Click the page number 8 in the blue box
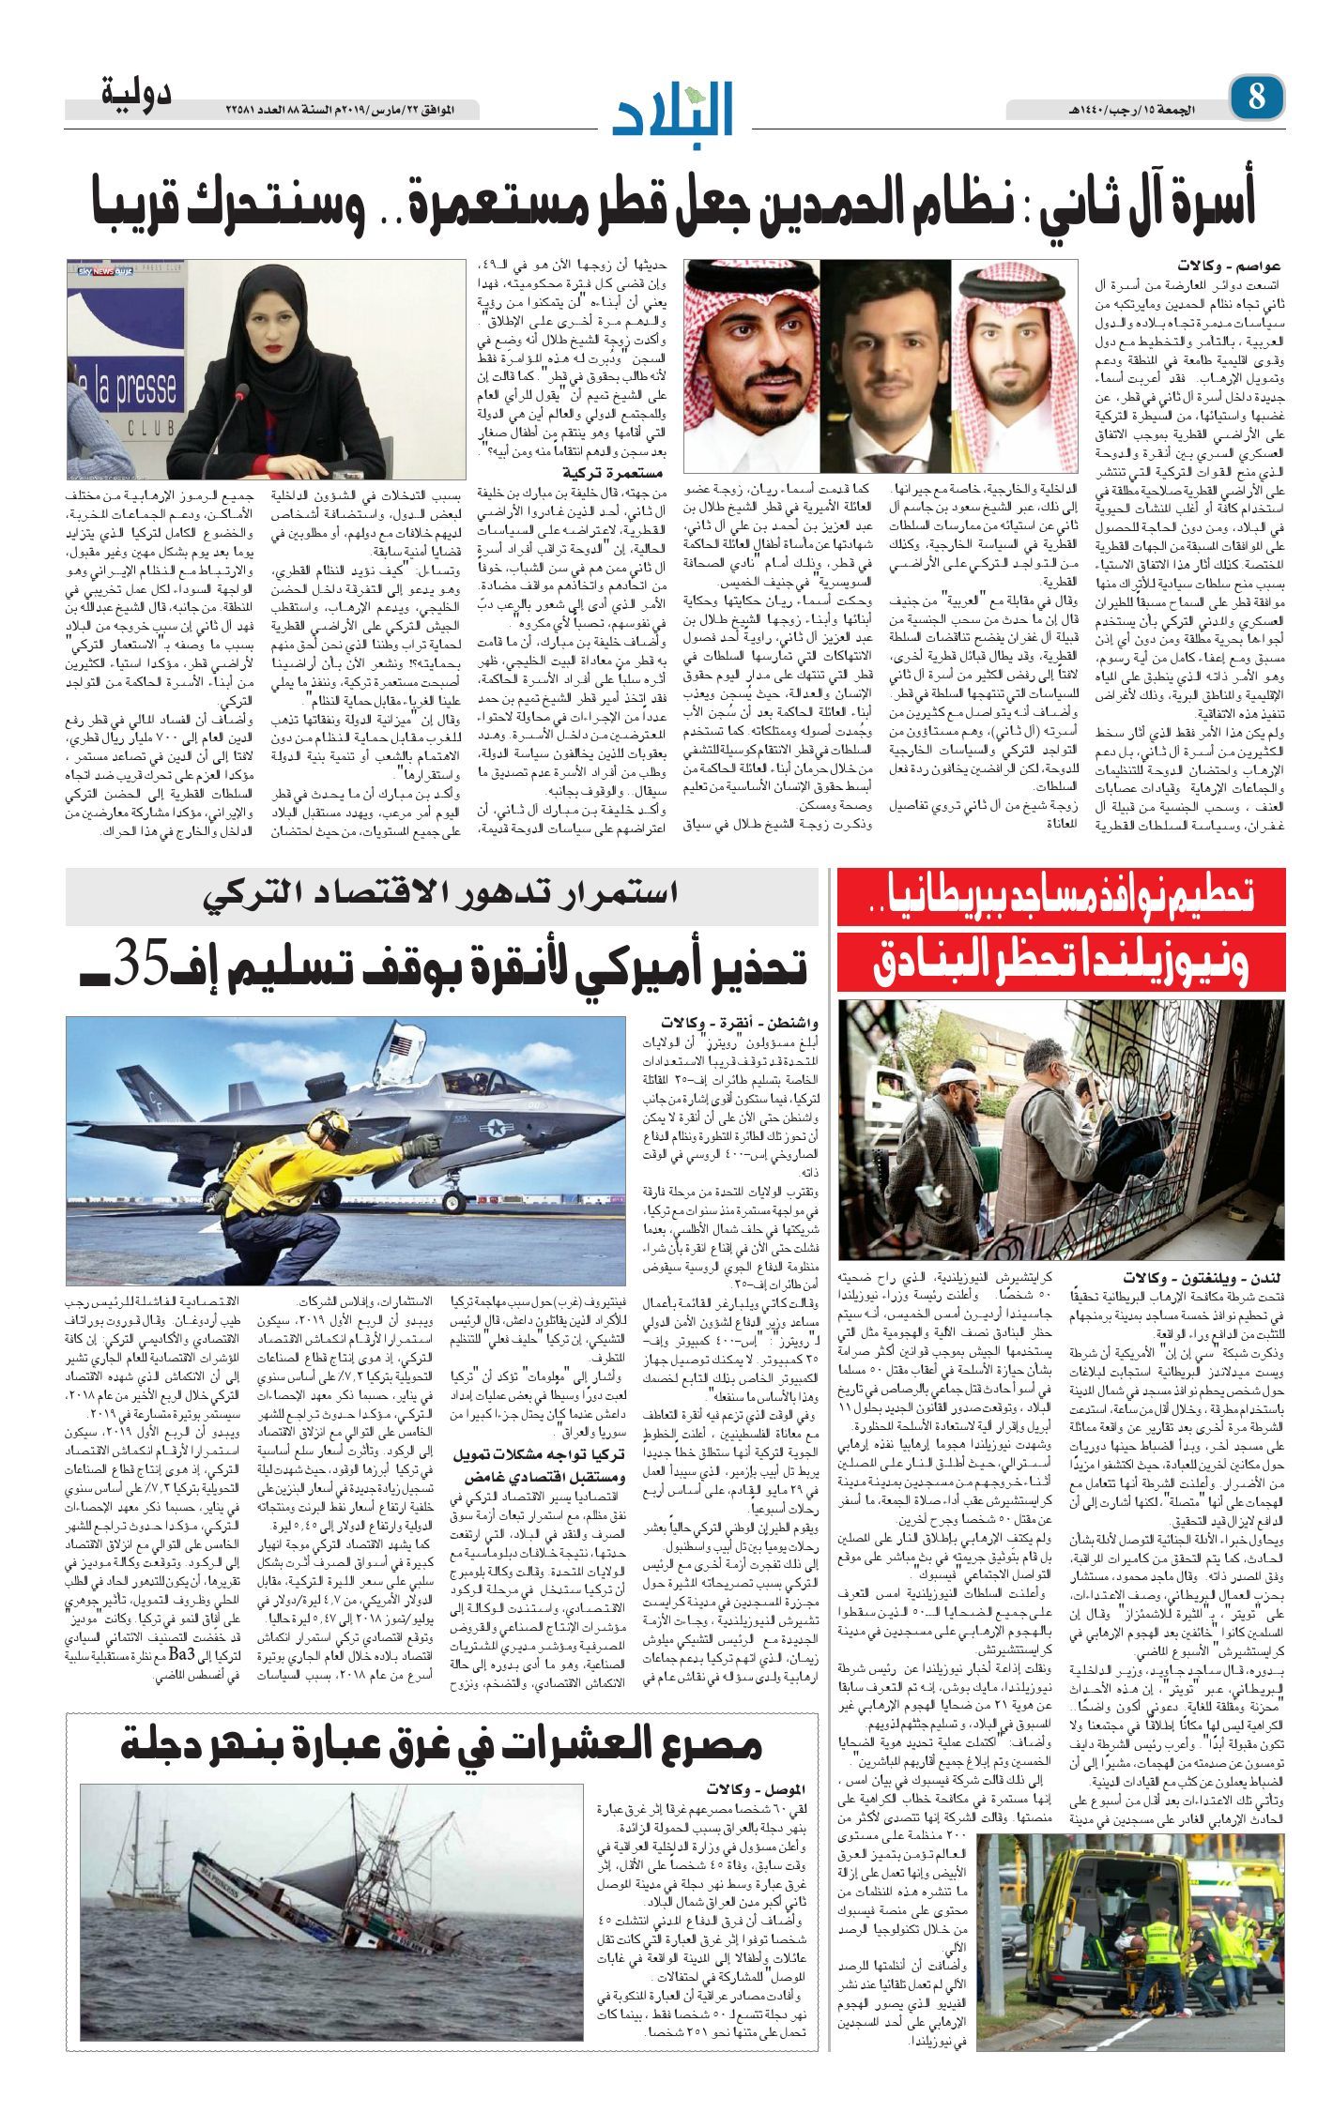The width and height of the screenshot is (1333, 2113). [x=1256, y=98]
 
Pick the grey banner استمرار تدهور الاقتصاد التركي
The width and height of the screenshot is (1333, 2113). [x=441, y=895]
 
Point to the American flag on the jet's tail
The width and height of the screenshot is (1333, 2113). [x=406, y=1043]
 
